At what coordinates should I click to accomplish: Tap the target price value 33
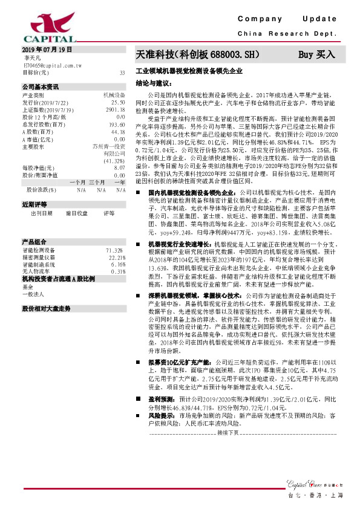122,73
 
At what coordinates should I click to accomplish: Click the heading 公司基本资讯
41,87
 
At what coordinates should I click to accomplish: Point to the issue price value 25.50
117,103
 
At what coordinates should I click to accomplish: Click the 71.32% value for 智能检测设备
116,250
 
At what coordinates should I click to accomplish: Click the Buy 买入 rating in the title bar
316,54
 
